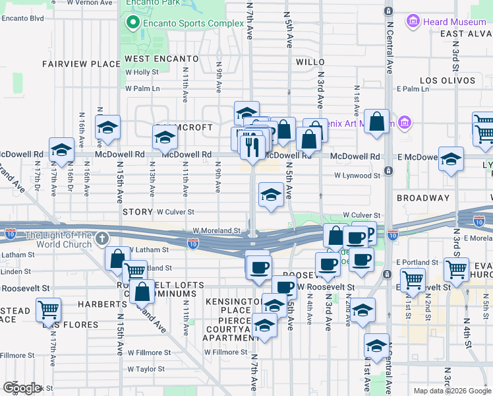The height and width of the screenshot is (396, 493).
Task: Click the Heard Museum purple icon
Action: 413,22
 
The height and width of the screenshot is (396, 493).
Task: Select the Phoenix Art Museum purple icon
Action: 405,123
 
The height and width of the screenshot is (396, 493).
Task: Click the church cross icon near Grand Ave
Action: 102,238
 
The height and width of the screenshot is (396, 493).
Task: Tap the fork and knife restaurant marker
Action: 250,145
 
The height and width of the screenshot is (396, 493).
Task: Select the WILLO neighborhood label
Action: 310,62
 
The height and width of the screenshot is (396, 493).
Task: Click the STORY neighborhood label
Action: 137,212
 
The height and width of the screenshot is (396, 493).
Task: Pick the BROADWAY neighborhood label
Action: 422,198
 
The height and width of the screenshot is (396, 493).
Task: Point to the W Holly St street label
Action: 142,73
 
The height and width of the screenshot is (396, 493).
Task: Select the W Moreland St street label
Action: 216,231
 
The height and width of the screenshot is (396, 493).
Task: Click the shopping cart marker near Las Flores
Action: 48,308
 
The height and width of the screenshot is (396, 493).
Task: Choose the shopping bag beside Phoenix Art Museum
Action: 376,121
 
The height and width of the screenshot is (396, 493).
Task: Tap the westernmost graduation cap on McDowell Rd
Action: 61,149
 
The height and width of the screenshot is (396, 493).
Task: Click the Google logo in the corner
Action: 21,388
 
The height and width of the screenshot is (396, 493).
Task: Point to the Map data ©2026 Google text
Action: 451,391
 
